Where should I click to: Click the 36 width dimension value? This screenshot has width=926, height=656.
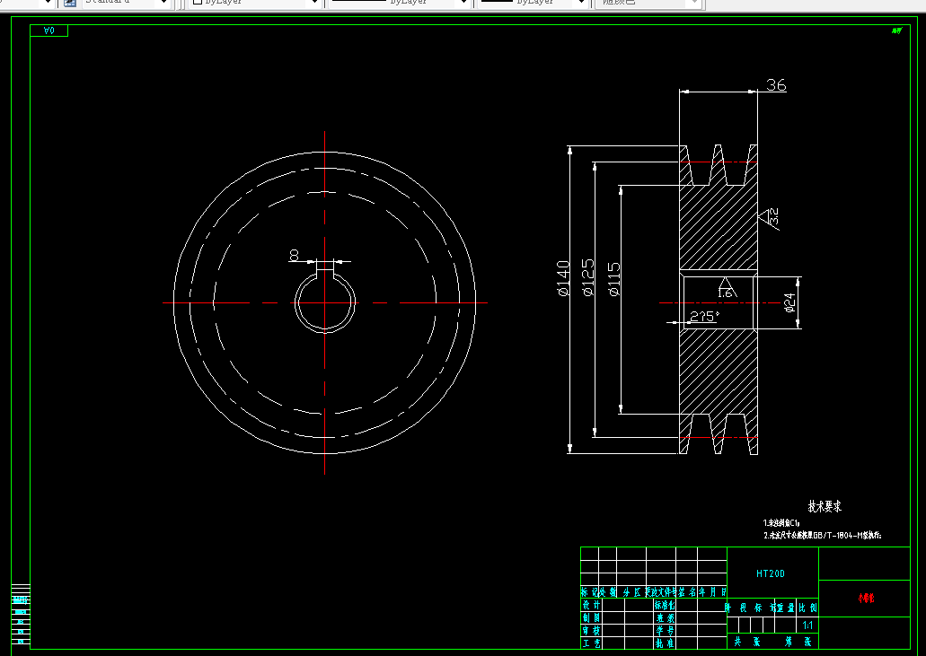pos(776,85)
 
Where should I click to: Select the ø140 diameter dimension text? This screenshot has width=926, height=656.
pos(563,278)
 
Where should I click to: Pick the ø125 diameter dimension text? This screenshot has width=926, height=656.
pos(589,278)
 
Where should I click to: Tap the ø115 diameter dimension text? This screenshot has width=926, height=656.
pos(614,279)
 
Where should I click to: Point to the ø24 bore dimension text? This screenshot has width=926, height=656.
pos(790,302)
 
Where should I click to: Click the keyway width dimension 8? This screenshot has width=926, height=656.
pos(294,256)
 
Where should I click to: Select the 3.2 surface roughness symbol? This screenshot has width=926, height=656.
pos(770,216)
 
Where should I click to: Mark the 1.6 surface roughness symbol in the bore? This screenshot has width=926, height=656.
pos(724,289)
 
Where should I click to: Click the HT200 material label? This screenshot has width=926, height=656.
pos(771,573)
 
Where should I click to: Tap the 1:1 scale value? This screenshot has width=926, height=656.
pos(807,625)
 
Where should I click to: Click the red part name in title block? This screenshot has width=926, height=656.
pos(866,597)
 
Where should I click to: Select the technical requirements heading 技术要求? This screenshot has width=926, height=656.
pos(825,507)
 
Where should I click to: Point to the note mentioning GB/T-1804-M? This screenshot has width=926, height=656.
pos(824,535)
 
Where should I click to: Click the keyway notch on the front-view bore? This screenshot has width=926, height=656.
pos(324,267)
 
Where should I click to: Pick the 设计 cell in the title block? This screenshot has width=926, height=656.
pos(591,605)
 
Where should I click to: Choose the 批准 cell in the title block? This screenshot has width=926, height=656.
pos(665,643)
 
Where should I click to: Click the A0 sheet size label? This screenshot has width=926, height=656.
pos(49,31)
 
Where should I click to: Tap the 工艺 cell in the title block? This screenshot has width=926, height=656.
pos(591,643)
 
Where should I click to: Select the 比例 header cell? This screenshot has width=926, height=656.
pos(807,607)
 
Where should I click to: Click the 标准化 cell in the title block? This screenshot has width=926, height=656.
pos(665,605)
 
